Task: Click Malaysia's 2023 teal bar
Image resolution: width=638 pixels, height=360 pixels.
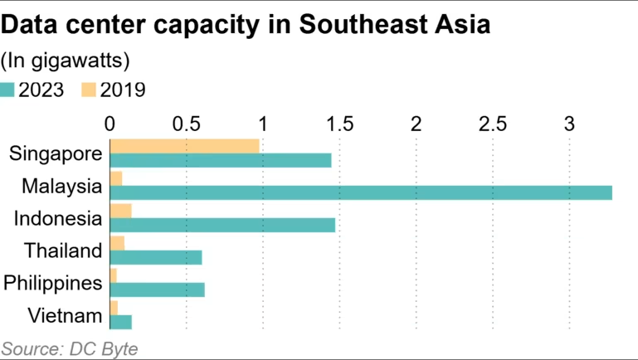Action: point(361,192)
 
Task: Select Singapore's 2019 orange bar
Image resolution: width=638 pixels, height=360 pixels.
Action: point(184,146)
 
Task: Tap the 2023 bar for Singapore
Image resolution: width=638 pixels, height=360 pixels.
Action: point(221,160)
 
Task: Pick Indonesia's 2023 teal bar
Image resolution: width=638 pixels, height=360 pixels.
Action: point(222,225)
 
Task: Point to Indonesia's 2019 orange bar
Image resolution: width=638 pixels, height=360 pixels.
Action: point(120,211)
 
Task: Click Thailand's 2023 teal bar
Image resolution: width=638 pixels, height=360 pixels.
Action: point(156,257)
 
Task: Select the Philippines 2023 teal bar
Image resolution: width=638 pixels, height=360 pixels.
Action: point(157,289)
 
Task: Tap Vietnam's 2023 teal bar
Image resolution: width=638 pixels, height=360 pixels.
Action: point(120,322)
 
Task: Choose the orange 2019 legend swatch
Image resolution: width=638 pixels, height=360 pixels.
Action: point(89,90)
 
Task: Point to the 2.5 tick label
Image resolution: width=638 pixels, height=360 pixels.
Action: point(493,124)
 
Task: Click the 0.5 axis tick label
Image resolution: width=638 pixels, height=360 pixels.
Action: point(186,124)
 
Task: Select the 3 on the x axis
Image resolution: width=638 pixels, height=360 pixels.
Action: point(569,124)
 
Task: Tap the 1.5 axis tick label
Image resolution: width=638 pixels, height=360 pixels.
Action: point(339,124)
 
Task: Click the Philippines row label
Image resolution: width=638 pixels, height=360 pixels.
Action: point(53,283)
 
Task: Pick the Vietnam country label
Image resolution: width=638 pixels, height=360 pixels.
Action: point(65,315)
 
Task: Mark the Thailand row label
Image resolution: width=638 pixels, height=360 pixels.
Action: point(63,251)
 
